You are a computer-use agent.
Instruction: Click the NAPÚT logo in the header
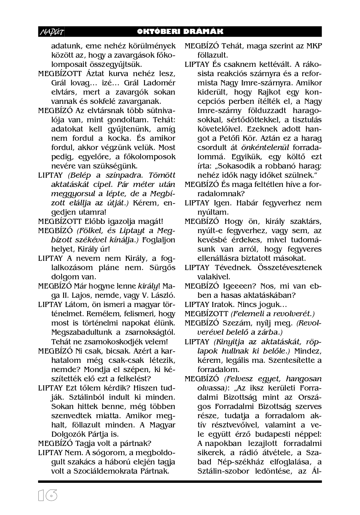coord(51,32)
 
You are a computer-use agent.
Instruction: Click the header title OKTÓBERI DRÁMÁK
coord(180,32)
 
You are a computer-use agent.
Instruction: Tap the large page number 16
coord(48,495)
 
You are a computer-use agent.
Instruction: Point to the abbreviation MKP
coord(314,46)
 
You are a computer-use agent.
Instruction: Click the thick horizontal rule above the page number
coord(180,482)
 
